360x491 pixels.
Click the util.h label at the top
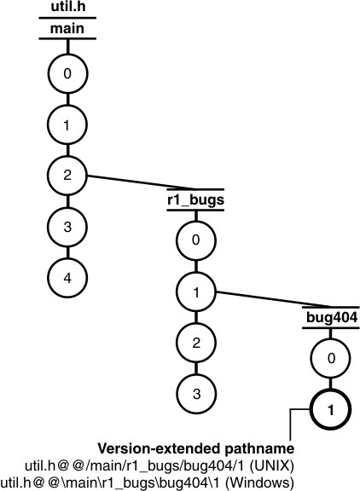tap(67, 9)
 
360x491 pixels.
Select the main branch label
tap(67, 29)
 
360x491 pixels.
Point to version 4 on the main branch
tap(67, 277)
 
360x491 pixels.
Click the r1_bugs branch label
tap(195, 201)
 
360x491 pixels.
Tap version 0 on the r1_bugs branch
tap(195, 241)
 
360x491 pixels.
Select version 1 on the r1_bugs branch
tap(195, 292)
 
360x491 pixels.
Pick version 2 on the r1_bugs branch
tap(195, 343)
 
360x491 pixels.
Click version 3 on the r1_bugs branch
tap(195, 393)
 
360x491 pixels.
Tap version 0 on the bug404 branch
tap(328, 359)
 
